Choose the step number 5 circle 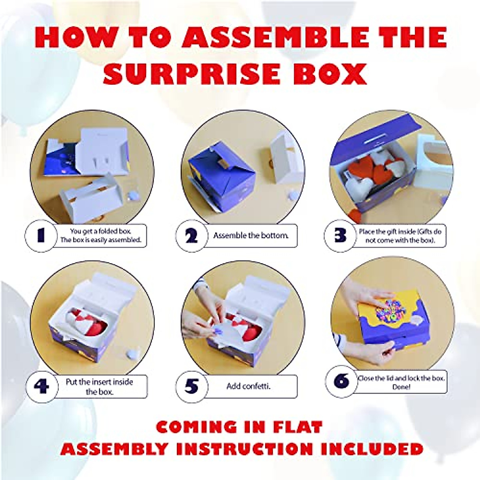pos(192,386)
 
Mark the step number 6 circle pos(341,382)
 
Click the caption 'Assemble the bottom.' pos(251,236)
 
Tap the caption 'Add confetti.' pos(248,386)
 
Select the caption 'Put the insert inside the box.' pos(99,387)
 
